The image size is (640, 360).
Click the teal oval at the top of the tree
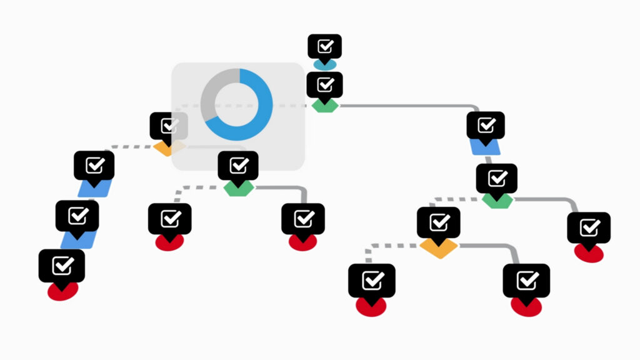click(x=325, y=64)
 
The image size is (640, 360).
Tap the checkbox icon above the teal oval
click(x=325, y=47)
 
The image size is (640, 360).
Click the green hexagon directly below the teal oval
click(x=325, y=106)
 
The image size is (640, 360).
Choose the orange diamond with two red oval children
click(x=439, y=247)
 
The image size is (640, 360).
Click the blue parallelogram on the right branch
click(x=486, y=147)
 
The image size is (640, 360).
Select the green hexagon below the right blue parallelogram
click(x=497, y=200)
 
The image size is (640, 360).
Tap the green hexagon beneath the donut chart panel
click(x=238, y=188)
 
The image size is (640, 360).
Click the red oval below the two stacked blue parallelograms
click(x=62, y=291)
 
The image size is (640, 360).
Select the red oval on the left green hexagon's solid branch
click(x=303, y=242)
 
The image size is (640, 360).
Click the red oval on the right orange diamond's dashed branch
click(x=371, y=306)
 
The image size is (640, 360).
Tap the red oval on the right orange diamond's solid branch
click(x=526, y=306)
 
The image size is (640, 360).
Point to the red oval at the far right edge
click(x=589, y=252)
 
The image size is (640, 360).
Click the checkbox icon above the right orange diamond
click(x=439, y=222)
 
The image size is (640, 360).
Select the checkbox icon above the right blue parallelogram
click(x=486, y=126)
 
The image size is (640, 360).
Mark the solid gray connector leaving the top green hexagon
click(x=406, y=106)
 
